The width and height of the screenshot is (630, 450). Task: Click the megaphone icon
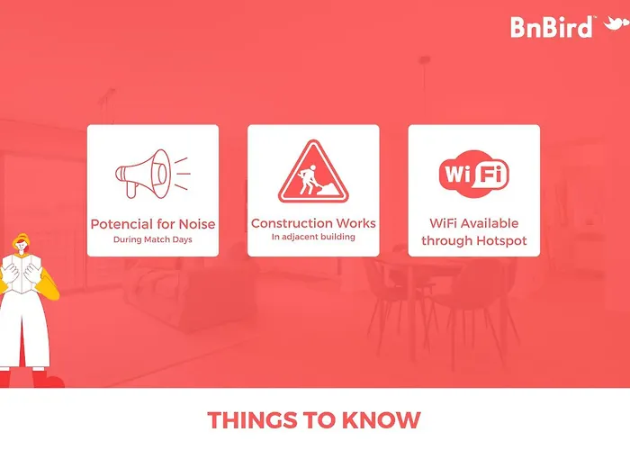(153, 174)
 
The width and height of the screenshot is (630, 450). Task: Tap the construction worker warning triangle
(313, 171)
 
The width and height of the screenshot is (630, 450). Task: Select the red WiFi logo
(474, 174)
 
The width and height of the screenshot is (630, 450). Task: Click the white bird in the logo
(616, 23)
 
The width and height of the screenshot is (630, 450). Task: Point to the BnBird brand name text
(552, 27)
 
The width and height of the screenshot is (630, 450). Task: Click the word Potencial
(122, 224)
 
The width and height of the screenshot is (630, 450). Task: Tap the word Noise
(197, 224)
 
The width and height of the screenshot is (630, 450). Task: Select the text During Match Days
(153, 239)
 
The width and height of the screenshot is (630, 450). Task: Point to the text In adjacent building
(313, 237)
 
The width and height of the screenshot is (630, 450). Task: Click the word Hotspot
(500, 240)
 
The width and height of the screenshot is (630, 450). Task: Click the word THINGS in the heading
(253, 420)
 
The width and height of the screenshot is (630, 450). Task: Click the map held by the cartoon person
(22, 274)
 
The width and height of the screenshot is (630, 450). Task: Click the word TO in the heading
(319, 420)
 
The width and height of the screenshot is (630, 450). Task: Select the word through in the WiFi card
(446, 240)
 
